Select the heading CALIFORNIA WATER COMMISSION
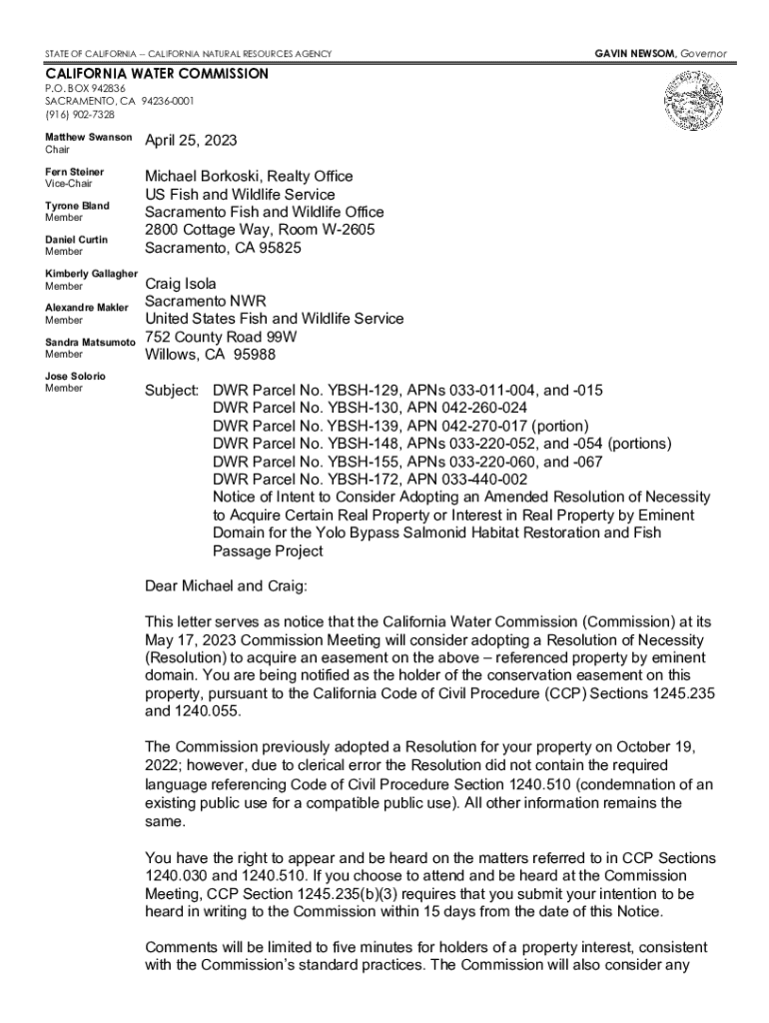pos(157,74)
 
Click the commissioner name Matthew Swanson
pos(89,136)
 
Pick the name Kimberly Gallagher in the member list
pos(91,274)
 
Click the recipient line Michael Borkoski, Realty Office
pos(249,176)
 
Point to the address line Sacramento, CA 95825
pos(223,248)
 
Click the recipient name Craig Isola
pos(181,284)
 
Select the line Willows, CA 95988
pos(211,355)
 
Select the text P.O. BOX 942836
pos(85,88)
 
